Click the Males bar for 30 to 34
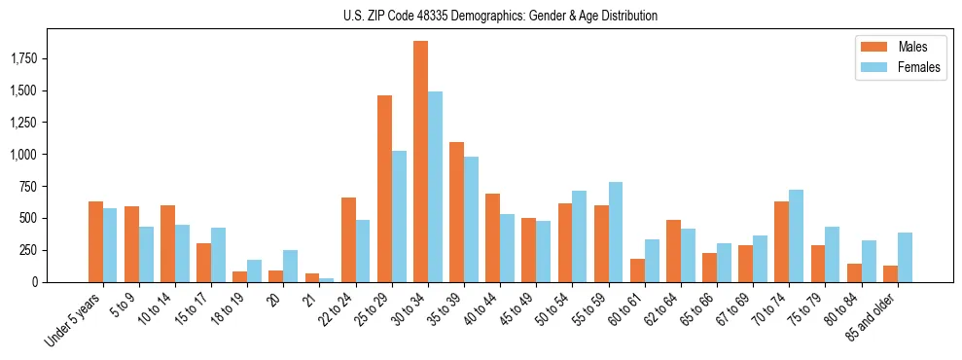[x=420, y=162]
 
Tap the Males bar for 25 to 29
[x=384, y=189]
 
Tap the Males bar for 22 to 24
[x=348, y=239]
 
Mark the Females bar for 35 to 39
[x=471, y=219]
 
